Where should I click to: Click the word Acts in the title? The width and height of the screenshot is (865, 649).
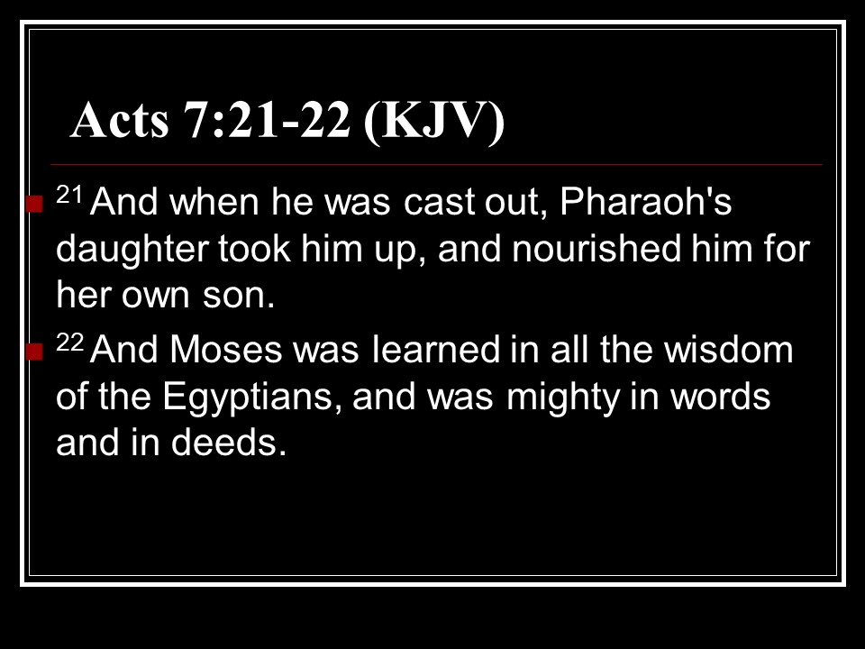(120, 120)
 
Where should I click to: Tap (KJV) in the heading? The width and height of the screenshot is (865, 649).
(434, 122)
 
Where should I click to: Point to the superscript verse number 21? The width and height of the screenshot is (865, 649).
(69, 195)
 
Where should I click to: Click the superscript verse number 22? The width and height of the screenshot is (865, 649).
(70, 343)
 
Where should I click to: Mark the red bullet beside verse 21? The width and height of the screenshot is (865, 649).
(34, 204)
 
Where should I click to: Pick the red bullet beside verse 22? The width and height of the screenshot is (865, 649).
(34, 352)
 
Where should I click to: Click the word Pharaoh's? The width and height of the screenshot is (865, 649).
(645, 201)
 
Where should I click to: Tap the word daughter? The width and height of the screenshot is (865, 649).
(132, 250)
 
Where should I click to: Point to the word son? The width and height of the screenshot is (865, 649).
(238, 297)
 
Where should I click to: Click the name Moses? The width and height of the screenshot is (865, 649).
(225, 350)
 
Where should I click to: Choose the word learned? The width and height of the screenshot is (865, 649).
(436, 350)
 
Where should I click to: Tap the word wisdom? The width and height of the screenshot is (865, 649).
(728, 350)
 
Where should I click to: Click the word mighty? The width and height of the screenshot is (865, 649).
(562, 398)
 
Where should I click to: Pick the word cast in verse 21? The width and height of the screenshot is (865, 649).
(439, 203)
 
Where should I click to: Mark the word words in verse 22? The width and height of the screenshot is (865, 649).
(720, 396)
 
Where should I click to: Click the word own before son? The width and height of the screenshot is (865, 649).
(155, 297)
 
